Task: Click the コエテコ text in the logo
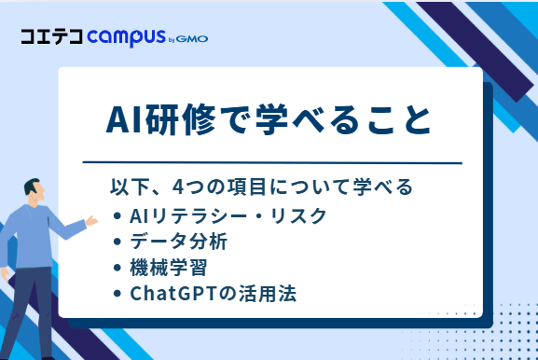tap(51, 38)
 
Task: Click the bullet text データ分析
tap(176, 242)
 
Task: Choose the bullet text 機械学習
tap(161, 268)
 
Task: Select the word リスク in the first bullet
tap(305, 216)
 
